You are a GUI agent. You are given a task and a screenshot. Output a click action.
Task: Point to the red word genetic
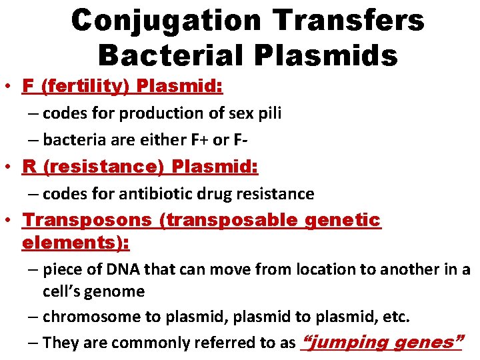click(342, 220)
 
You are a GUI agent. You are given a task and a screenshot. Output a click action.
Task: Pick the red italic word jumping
click(345, 343)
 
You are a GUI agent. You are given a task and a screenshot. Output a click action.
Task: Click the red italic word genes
click(425, 343)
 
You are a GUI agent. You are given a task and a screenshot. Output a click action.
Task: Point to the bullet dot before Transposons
click(9, 220)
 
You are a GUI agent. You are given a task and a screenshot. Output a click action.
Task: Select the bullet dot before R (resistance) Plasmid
click(9, 167)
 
